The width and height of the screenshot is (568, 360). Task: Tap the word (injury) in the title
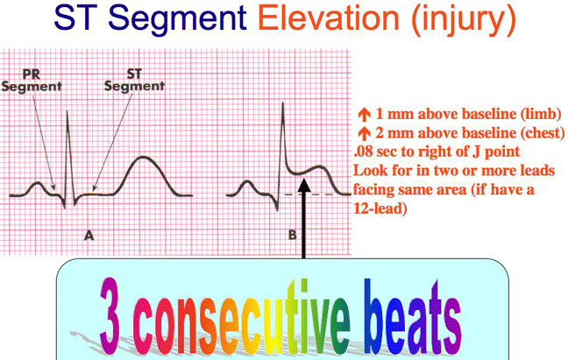pyautogui.click(x=459, y=18)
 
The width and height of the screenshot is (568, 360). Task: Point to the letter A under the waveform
pyautogui.click(x=88, y=235)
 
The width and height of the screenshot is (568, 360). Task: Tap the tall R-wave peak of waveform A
pyautogui.click(x=68, y=109)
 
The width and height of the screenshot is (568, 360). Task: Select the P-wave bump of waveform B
pyautogui.click(x=248, y=185)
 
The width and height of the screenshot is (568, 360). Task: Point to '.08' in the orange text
pyautogui.click(x=362, y=151)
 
